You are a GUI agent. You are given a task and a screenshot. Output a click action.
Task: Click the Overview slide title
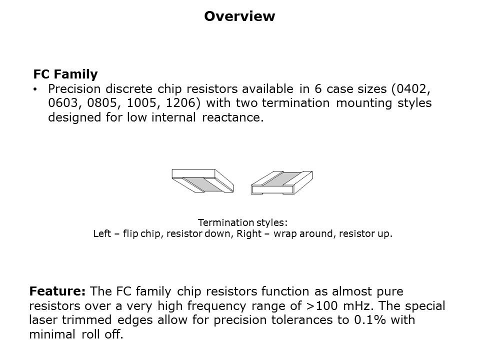[x=239, y=16]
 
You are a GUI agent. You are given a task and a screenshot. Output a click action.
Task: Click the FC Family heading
[x=65, y=74]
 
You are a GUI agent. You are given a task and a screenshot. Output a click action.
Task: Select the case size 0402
[x=411, y=89]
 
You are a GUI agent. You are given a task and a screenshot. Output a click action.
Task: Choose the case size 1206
[x=175, y=103]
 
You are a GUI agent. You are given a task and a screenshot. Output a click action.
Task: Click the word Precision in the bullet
[x=73, y=89]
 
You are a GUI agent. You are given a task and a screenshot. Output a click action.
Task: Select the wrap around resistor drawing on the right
[x=281, y=181]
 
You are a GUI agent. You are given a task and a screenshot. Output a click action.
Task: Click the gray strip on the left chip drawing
[x=200, y=184]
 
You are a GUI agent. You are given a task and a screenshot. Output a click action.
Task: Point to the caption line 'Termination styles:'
[x=243, y=222]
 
